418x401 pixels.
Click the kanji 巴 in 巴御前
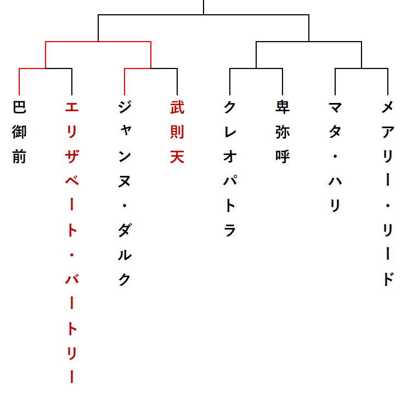coord(19,107)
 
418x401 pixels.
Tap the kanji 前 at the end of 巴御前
coord(19,156)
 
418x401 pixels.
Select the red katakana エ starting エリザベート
coord(72,107)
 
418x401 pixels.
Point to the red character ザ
coord(72,156)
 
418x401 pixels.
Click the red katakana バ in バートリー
coord(72,279)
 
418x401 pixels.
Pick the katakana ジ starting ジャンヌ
coord(125,107)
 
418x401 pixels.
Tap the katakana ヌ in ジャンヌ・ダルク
coord(125,181)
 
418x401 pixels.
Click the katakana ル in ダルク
coord(125,255)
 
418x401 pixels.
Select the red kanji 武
coord(177,107)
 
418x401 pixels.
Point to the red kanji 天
coord(177,156)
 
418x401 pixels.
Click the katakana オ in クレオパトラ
coord(230,156)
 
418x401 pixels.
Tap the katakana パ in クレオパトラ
coord(230,181)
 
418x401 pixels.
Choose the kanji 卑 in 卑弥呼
coord(283,107)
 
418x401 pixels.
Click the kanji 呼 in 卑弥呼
coord(283,156)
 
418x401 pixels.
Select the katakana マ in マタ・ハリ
coord(335,107)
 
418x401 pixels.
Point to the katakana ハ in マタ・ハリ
coord(335,181)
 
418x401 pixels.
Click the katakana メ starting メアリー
coord(388,107)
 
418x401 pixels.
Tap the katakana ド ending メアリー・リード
coord(388,279)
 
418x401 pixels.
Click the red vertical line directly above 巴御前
coord(19,82)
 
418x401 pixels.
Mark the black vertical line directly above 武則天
coord(177,82)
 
